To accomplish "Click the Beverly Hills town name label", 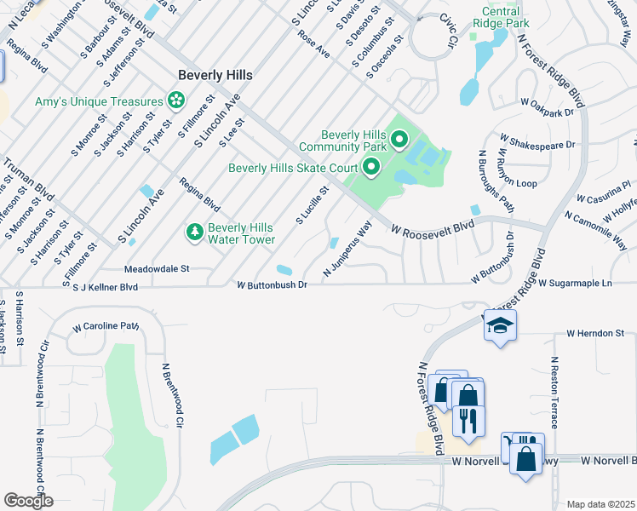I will pyautogui.click(x=215, y=75).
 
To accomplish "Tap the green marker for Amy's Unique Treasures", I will pyautogui.click(x=176, y=101).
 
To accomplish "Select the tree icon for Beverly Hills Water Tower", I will pyautogui.click(x=195, y=232).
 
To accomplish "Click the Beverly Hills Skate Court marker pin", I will pyautogui.click(x=370, y=168).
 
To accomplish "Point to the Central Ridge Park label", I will pyautogui.click(x=506, y=18).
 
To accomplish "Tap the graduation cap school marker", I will pyautogui.click(x=500, y=325).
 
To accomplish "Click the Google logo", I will pyautogui.click(x=28, y=501).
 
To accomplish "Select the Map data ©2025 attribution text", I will pyautogui.click(x=600, y=504).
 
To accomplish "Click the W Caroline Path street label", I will pyautogui.click(x=106, y=325).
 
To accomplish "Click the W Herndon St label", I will pyautogui.click(x=596, y=333).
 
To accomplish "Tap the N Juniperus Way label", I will pyautogui.click(x=348, y=249).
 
